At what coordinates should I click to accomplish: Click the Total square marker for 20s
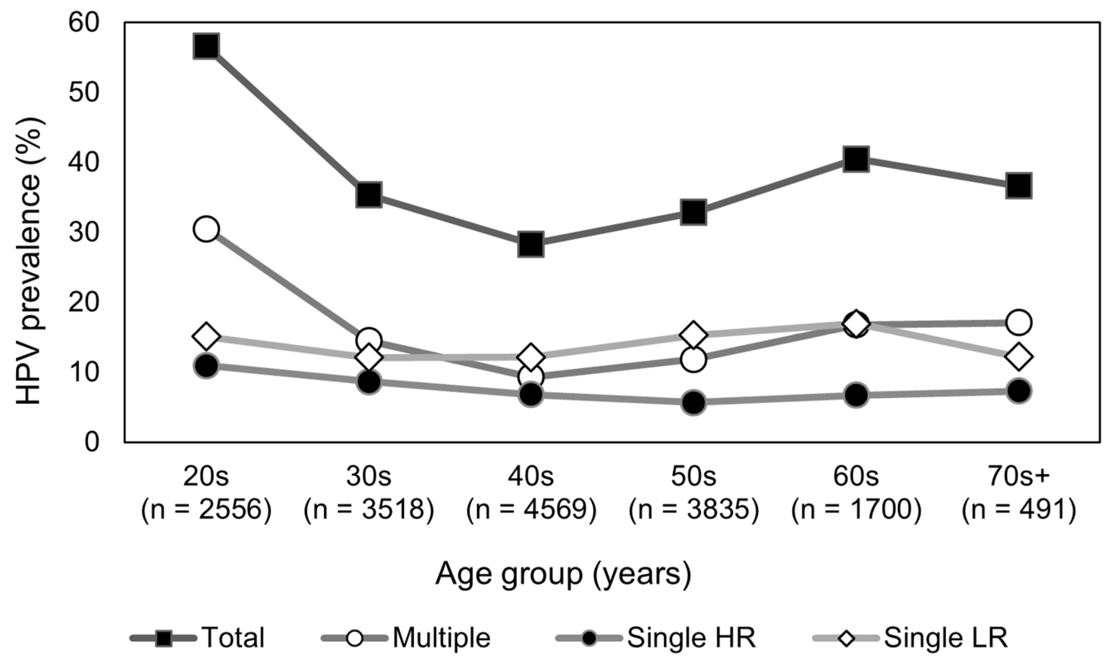tap(206, 46)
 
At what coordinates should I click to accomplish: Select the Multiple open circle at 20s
tap(206, 229)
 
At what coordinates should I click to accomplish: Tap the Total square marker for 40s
tap(531, 244)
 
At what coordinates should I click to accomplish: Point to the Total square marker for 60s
tap(856, 159)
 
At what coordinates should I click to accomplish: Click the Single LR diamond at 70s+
tap(1019, 357)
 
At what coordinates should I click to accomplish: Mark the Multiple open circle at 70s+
tap(1019, 322)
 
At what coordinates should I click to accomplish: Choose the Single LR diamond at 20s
tap(206, 336)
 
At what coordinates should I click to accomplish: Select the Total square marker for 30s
tap(369, 195)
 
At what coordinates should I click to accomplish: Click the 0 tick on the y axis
tap(92, 442)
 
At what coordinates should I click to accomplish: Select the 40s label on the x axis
tap(531, 477)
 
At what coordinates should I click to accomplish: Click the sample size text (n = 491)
tap(1019, 510)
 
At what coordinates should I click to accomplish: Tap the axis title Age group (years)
tap(563, 574)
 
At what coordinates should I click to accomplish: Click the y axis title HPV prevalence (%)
tap(29, 261)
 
